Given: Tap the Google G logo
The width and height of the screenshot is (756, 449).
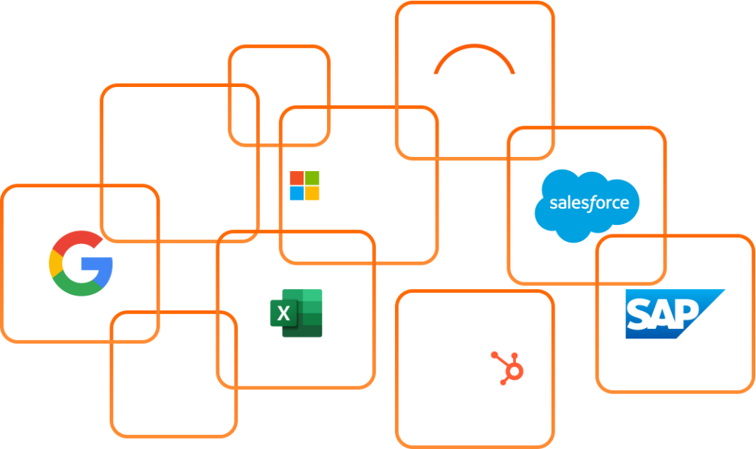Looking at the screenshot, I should pos(80,263).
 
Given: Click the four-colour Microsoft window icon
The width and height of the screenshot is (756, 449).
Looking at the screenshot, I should pos(304,186).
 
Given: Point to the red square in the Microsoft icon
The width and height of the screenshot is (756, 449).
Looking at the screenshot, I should pos(297,178).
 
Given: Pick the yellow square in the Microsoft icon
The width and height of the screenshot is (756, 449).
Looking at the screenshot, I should pos(312,194).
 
